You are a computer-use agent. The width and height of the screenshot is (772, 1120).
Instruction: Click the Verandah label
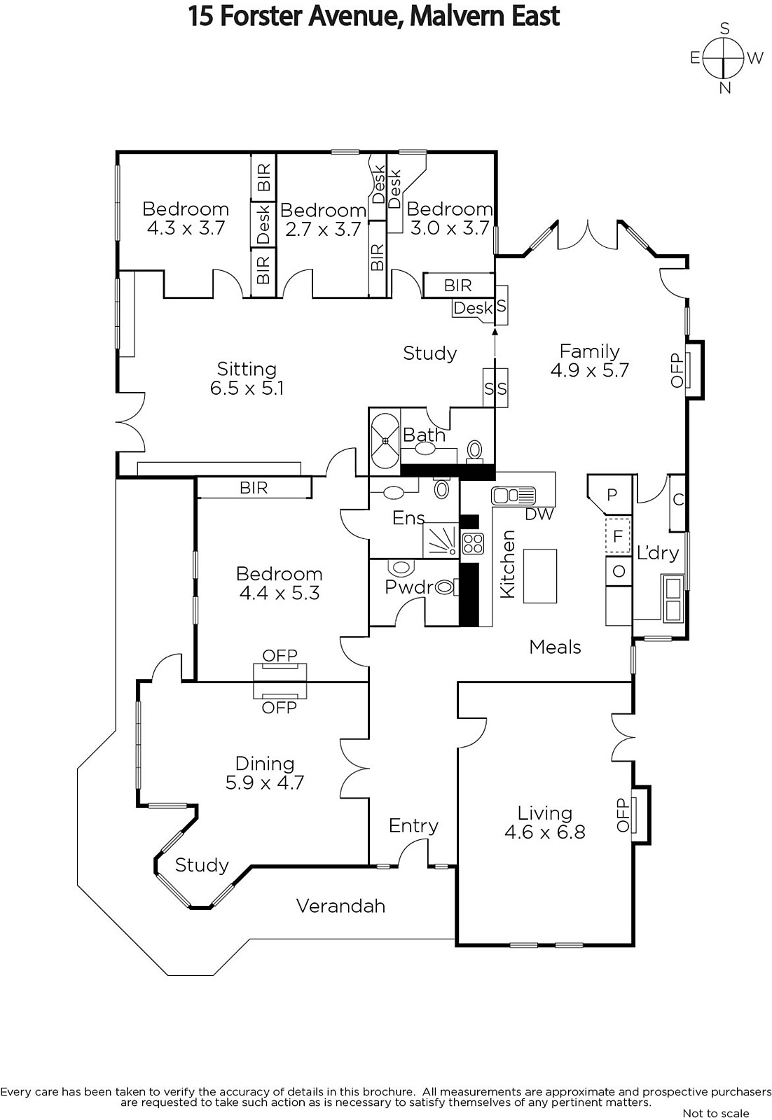[340, 906]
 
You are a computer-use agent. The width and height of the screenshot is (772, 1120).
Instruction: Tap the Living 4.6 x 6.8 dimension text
[545, 832]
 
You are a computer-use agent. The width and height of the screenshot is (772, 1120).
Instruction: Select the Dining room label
[265, 764]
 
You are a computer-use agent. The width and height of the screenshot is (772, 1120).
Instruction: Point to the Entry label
[413, 825]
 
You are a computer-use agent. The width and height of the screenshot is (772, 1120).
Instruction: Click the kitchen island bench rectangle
[540, 576]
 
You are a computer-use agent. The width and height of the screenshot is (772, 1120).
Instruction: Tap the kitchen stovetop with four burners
[473, 544]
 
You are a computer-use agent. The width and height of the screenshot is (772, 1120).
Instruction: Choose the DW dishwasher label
[539, 514]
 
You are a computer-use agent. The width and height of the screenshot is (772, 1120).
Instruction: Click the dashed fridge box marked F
[618, 535]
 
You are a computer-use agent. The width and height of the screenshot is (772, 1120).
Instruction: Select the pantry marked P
[611, 494]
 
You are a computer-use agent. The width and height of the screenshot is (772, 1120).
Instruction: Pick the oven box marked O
[619, 571]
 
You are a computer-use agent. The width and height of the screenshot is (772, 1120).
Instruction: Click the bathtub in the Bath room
[385, 441]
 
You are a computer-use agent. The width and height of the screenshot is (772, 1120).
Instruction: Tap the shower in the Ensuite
[441, 540]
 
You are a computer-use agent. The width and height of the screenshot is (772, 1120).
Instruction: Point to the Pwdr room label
[408, 587]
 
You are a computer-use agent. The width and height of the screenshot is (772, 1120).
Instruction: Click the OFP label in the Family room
[677, 370]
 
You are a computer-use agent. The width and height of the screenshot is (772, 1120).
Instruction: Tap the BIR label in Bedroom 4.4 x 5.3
[254, 487]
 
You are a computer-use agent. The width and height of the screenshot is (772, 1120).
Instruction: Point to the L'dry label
[658, 552]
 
